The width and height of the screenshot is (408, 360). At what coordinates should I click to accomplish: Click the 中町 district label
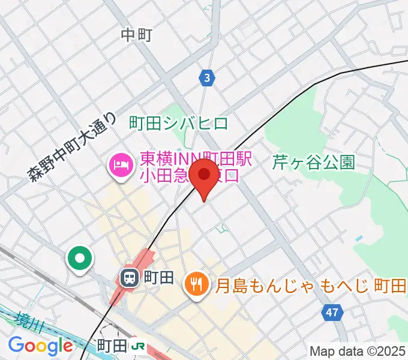click(136, 35)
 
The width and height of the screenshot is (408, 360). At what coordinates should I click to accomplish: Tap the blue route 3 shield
click(206, 77)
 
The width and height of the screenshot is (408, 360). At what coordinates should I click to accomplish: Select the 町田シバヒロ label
click(179, 124)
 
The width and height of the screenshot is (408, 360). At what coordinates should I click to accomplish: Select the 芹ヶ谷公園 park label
click(314, 162)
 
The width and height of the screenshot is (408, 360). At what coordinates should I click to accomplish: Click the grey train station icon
click(129, 278)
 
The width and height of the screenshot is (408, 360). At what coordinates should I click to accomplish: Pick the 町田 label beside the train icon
click(159, 278)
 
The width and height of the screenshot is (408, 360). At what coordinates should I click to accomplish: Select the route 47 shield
click(332, 312)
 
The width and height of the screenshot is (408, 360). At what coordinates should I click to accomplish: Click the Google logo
click(40, 346)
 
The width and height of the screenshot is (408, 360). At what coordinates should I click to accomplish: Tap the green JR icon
click(139, 346)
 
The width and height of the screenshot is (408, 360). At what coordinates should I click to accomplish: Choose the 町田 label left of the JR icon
click(112, 346)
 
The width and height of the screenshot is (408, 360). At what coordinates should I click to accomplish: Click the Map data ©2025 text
click(357, 350)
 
